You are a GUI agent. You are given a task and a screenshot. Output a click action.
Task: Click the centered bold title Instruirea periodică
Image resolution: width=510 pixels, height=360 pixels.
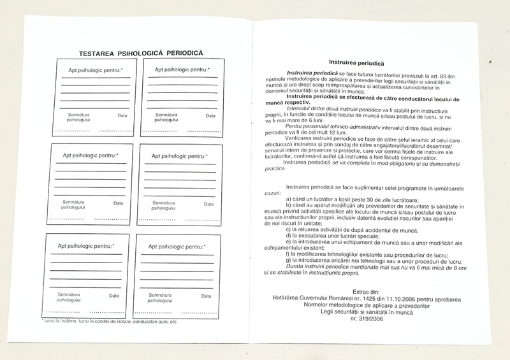click(356, 63)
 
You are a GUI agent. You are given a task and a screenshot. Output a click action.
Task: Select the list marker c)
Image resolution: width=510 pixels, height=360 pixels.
click(289, 229)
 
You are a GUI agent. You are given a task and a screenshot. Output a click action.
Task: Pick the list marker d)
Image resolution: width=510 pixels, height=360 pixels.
click(289, 235)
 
